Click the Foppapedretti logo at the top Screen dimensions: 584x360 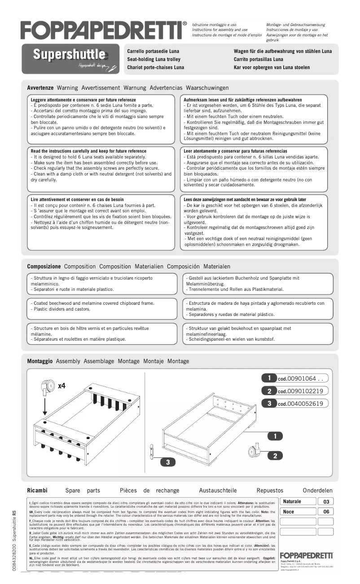(103, 30)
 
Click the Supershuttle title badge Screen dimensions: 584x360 (70, 55)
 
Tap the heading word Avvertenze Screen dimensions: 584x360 (40, 88)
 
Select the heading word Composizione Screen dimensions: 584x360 (44, 267)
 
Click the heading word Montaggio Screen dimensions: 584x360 (40, 361)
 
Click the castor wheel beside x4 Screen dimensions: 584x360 (45, 387)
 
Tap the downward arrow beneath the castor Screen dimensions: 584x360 (45, 407)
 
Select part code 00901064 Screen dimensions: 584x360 (303, 378)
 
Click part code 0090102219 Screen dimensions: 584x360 (303, 391)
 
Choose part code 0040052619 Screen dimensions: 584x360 (303, 404)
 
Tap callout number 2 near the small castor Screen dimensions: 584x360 (275, 456)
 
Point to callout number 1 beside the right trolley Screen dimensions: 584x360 (275, 436)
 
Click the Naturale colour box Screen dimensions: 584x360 (298, 502)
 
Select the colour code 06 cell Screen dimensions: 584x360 (326, 512)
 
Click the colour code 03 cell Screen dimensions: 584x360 (326, 502)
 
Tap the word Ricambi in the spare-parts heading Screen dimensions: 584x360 (37, 491)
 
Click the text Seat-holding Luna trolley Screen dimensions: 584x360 (154, 59)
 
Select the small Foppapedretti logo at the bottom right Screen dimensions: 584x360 (306, 556)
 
